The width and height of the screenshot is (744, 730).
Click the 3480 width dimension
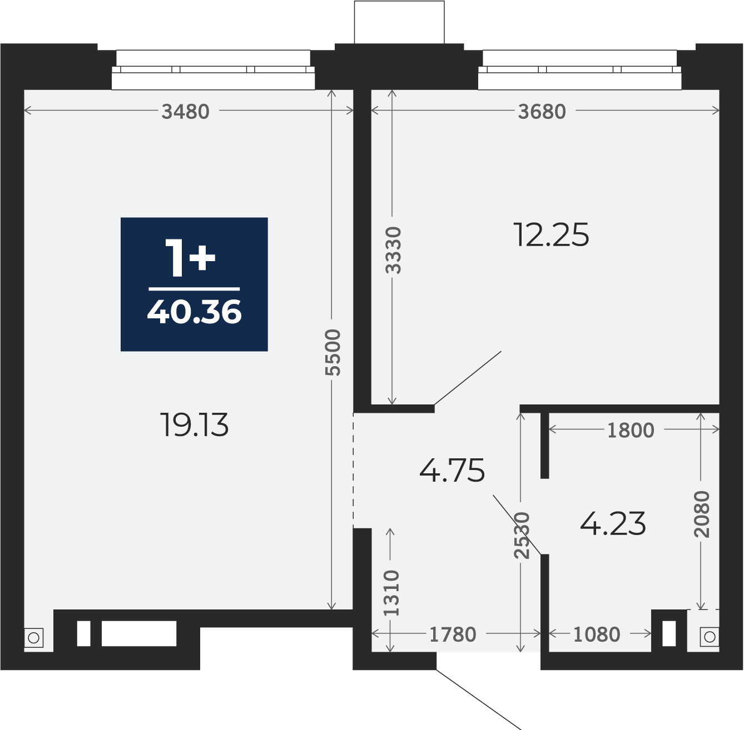coord(185,112)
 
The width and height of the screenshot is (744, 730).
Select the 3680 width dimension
coord(542,112)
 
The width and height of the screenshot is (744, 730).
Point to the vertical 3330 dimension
coord(394,251)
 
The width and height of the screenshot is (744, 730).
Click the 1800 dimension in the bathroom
coord(631,430)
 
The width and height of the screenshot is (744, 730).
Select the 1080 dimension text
coord(597,634)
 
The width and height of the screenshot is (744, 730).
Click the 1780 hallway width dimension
coord(453,634)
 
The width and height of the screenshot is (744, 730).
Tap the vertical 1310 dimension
coord(391,593)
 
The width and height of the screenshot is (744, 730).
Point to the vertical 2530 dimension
coord(522,536)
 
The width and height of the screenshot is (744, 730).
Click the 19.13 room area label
coord(195,425)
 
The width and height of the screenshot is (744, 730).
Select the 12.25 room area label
coord(552,235)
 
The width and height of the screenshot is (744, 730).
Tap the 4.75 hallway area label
coord(452,471)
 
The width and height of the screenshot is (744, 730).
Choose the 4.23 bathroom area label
coord(613,524)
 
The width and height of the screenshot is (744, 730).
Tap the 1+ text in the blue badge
coord(190,258)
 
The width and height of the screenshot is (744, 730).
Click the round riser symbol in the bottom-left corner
coord(33,638)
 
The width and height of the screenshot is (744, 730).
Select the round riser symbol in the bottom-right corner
coord(710,637)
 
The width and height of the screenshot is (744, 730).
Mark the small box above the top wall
coord(399,22)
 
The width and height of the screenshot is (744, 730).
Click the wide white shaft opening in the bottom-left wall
coord(139,633)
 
